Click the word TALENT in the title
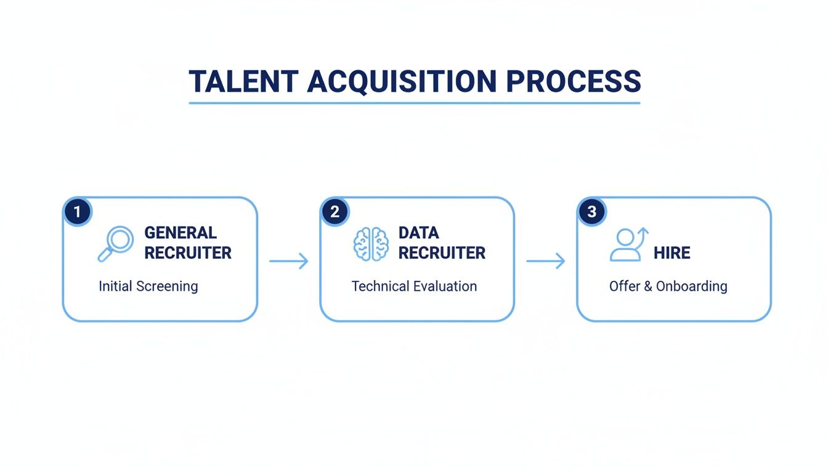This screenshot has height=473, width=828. (243, 82)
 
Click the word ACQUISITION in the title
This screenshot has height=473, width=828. (401, 82)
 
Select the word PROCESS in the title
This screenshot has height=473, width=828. (573, 82)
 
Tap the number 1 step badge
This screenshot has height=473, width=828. (77, 212)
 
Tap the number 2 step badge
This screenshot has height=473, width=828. (335, 212)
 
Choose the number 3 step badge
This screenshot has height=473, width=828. (591, 212)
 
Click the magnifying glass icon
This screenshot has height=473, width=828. (115, 243)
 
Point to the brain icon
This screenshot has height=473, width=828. (371, 243)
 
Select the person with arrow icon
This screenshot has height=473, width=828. (628, 244)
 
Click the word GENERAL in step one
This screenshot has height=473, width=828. (181, 233)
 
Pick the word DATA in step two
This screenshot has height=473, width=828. (418, 233)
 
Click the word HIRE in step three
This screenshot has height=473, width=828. (672, 253)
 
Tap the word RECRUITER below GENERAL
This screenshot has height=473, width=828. (188, 253)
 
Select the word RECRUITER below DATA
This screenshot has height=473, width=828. (442, 253)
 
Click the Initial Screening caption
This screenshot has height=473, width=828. (148, 286)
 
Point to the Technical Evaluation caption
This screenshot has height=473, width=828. (414, 286)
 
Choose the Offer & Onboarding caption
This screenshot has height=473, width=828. (668, 286)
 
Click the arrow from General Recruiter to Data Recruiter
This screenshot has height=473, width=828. (288, 261)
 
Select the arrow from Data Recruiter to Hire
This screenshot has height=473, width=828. (545, 261)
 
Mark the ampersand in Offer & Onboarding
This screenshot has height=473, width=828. (647, 286)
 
